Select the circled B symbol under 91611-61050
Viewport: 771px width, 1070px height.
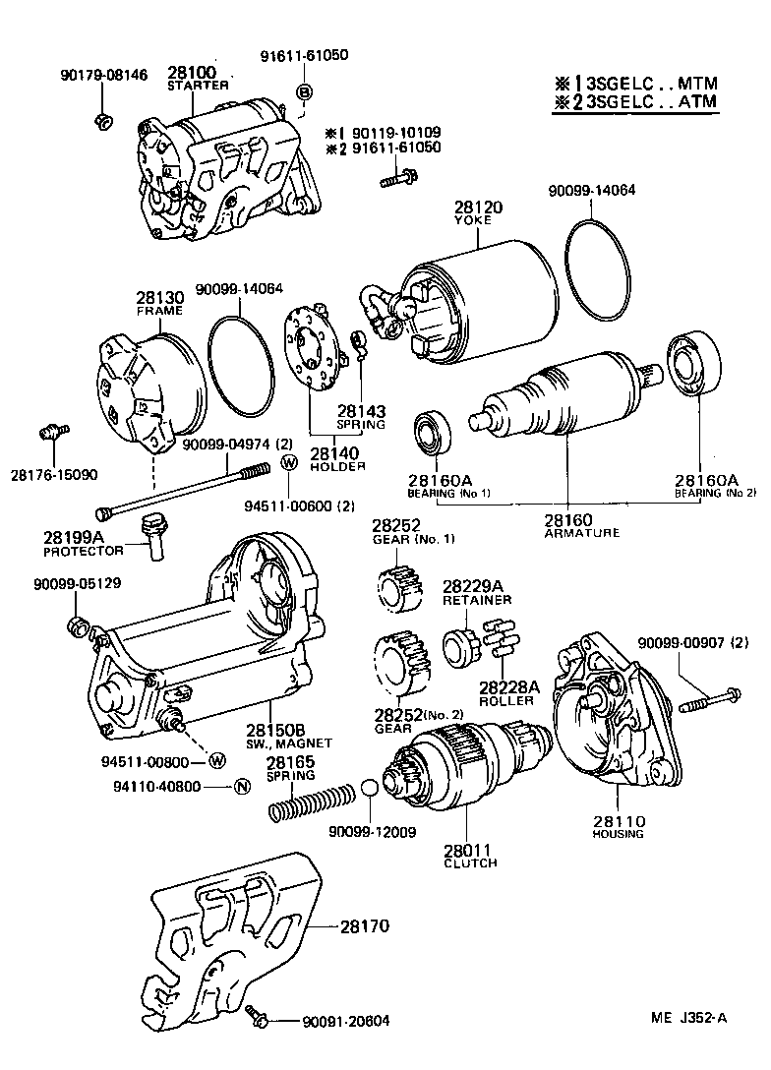[x=305, y=92]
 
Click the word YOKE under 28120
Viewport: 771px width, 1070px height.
[x=471, y=221]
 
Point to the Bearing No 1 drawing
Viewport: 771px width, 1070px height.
[x=429, y=435]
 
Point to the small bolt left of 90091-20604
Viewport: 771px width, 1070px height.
[x=258, y=1016]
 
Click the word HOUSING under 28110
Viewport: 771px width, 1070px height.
[x=618, y=834]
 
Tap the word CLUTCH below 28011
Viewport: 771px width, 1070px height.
[x=470, y=862]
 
